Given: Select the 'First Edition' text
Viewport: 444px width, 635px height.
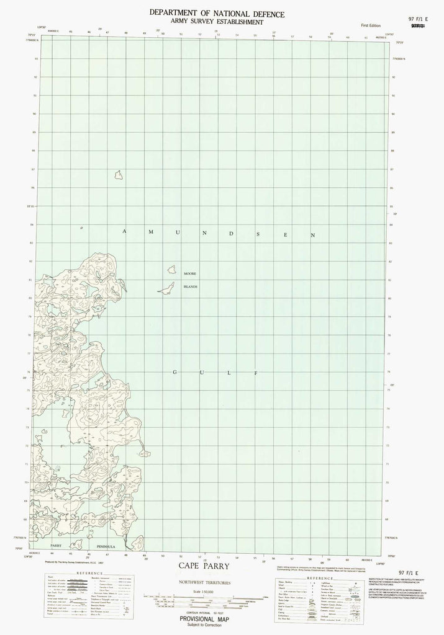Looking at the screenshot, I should click(371, 24).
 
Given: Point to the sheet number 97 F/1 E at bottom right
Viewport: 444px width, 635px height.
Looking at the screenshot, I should click(412, 566).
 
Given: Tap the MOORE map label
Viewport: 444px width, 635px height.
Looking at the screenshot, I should click(189, 273).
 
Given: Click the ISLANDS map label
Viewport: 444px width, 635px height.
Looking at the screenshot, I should click(189, 287).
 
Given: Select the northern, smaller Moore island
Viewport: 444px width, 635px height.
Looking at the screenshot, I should click(170, 270).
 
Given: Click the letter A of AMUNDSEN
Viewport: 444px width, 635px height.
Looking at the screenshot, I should click(124, 231).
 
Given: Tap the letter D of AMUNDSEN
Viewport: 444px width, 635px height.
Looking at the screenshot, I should click(231, 234).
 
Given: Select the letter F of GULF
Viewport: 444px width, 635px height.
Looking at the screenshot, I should click(254, 373).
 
